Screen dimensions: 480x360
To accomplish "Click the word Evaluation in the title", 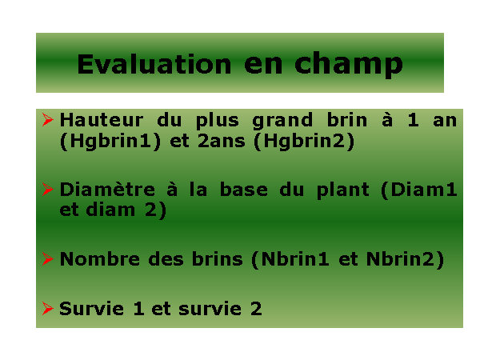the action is (154, 64).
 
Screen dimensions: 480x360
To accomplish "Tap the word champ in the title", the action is (349, 65).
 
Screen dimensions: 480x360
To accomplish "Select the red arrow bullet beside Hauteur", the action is (48, 119).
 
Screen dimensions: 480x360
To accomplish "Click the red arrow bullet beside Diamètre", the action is (48, 189).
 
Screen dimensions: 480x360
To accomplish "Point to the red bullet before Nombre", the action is (48, 258).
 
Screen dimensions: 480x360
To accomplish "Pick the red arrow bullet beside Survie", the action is (48, 308).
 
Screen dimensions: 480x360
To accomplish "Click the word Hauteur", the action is (102, 120).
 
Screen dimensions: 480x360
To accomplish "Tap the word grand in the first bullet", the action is (282, 121).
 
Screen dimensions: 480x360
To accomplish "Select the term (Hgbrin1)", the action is (110, 142).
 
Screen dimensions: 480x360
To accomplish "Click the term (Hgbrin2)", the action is (304, 142).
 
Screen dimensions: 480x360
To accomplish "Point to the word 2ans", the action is (222, 142).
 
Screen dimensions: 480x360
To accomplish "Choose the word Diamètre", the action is (107, 190).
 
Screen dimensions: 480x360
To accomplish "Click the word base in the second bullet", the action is (244, 190).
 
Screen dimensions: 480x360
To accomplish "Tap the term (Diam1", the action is (418, 190).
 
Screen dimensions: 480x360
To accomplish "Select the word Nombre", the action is (100, 259).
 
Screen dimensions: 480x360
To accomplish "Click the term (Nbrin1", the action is (290, 259).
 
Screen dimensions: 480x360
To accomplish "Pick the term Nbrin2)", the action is (406, 259).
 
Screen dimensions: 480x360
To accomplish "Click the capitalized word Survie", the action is (91, 309).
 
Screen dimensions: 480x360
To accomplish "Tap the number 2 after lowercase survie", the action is (256, 309).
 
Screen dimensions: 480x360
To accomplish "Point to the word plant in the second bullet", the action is (343, 190).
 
